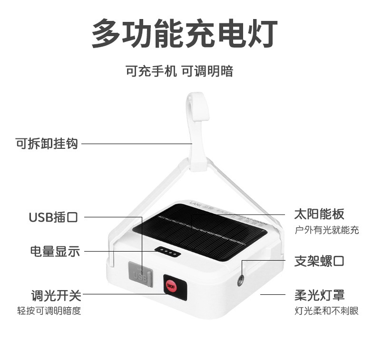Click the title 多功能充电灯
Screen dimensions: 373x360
pyautogui.click(x=184, y=33)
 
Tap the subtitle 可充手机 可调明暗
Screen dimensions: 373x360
pyautogui.click(x=179, y=71)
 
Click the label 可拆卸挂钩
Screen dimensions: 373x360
pyautogui.click(x=47, y=143)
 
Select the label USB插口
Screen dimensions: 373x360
pyautogui.click(x=53, y=217)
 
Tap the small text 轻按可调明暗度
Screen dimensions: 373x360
pyautogui.click(x=49, y=311)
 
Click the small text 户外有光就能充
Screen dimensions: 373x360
pyautogui.click(x=327, y=230)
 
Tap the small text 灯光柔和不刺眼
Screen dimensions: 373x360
pyautogui.click(x=326, y=311)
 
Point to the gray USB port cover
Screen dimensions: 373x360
pyautogui.click(x=140, y=274)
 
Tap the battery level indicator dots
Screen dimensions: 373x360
pyautogui.click(x=167, y=253)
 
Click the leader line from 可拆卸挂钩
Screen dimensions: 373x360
pyautogui.click(x=136, y=143)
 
